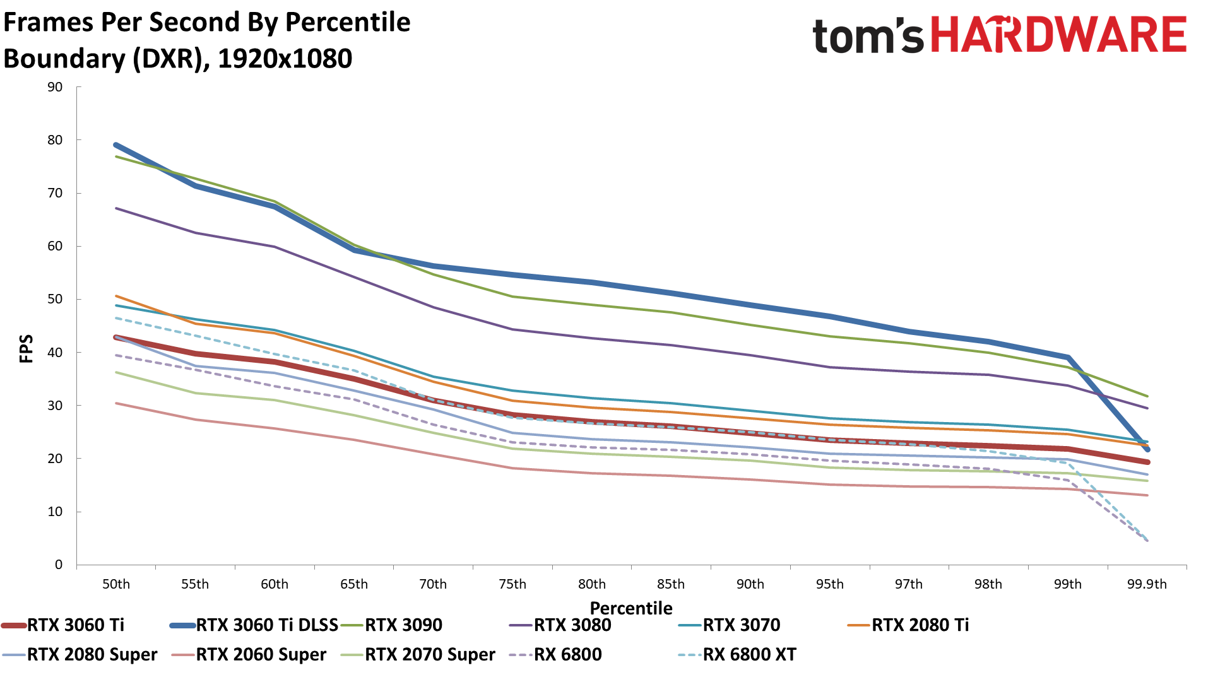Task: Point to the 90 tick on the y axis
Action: pos(56,87)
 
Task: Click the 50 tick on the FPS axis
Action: pos(56,299)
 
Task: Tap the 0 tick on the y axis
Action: pos(59,565)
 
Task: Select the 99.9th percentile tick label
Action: pos(1147,584)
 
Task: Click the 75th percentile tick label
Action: pos(512,584)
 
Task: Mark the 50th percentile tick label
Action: pos(116,584)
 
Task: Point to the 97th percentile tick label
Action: pos(909,584)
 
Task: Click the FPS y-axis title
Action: pos(26,348)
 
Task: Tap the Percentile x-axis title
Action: pos(631,608)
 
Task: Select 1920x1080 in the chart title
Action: pos(285,59)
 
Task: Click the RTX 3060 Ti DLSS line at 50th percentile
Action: pos(116,145)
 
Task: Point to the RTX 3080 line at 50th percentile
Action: pos(116,208)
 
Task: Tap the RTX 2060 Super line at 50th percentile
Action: pos(116,403)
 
